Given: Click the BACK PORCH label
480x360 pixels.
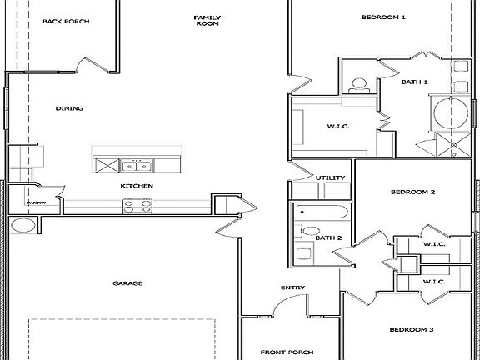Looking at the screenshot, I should tap(66, 22).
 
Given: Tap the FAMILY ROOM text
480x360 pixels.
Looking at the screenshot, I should tap(206, 21).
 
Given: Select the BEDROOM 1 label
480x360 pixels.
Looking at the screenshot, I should tap(383, 17).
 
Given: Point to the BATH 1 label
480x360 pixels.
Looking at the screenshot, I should tap(414, 82).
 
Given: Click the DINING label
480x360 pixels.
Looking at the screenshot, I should tap(69, 108).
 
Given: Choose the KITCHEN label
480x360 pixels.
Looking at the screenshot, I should tap(136, 185).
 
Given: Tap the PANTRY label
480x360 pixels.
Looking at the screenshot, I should tap(36, 202).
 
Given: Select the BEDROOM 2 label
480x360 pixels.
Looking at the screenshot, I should tap(413, 192).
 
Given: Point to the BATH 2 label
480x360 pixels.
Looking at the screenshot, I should tap(328, 238).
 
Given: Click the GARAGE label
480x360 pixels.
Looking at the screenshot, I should tap(127, 283).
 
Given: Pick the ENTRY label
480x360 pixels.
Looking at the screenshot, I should tap(292, 288).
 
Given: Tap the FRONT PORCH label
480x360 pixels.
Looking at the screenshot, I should tap(287, 352).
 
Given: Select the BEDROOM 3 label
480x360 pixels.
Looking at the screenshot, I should tap(412, 329).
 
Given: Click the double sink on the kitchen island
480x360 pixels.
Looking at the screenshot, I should tap(135, 163).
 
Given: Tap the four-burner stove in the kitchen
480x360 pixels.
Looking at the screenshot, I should tap(137, 203).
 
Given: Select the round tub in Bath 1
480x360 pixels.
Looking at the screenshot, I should tap(450, 112).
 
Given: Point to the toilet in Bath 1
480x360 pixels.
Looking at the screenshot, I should tap(358, 82).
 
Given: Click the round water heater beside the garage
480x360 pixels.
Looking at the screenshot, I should tap(22, 225).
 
